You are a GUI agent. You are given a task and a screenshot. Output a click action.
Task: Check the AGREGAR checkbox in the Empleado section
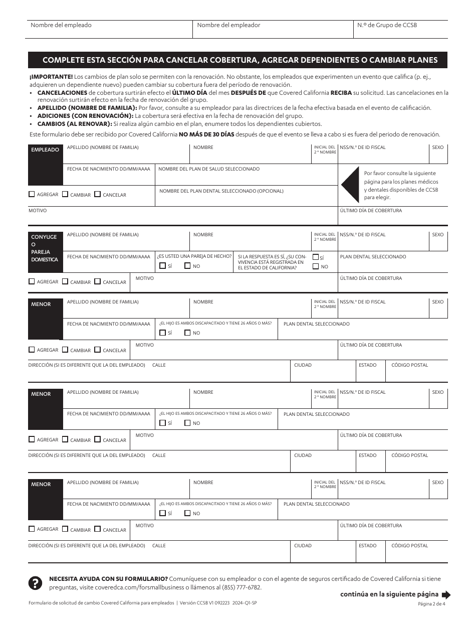pos(32,194)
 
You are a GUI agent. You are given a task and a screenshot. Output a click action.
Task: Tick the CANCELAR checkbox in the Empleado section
pos(98,194)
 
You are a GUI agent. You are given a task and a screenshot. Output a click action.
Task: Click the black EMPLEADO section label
pos(45,150)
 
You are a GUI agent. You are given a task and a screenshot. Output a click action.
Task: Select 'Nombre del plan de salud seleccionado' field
pos(246,175)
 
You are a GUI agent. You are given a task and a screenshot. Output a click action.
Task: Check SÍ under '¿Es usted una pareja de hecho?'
pos(162,266)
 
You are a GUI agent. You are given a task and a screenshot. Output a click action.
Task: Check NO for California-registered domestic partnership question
pos(316,266)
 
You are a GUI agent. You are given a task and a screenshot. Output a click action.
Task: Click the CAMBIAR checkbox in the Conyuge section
pos(65,281)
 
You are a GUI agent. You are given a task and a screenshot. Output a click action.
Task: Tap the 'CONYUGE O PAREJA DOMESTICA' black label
pos(45,248)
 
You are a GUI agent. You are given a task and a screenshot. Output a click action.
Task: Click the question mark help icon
pos(35,582)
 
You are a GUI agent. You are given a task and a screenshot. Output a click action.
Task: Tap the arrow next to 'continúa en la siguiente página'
pos(446,595)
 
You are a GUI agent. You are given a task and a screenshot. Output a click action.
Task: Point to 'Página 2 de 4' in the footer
pos(433,604)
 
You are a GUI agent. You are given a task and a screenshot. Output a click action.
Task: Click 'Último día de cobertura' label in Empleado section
pos(371,211)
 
